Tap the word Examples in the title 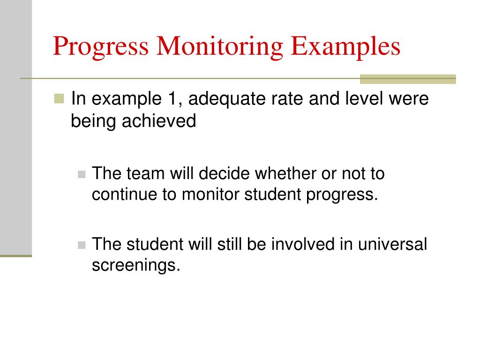click(x=345, y=47)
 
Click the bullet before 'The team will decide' click(x=82, y=174)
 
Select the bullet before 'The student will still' click(x=82, y=245)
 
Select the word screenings click(x=135, y=265)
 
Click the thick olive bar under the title click(x=407, y=79)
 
